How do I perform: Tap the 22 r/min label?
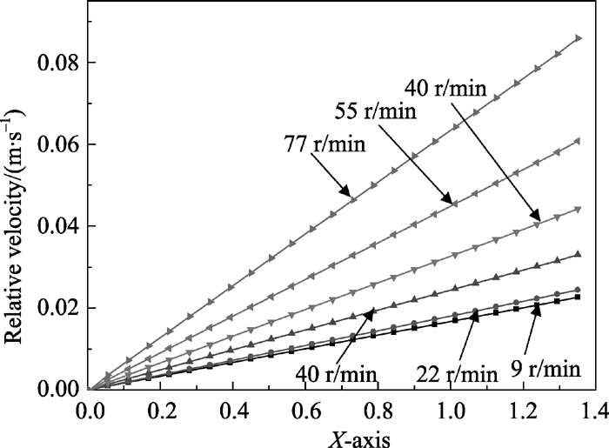click(x=454, y=376)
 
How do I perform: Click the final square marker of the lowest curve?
click(x=578, y=298)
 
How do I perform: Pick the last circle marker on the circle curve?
click(x=578, y=290)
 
